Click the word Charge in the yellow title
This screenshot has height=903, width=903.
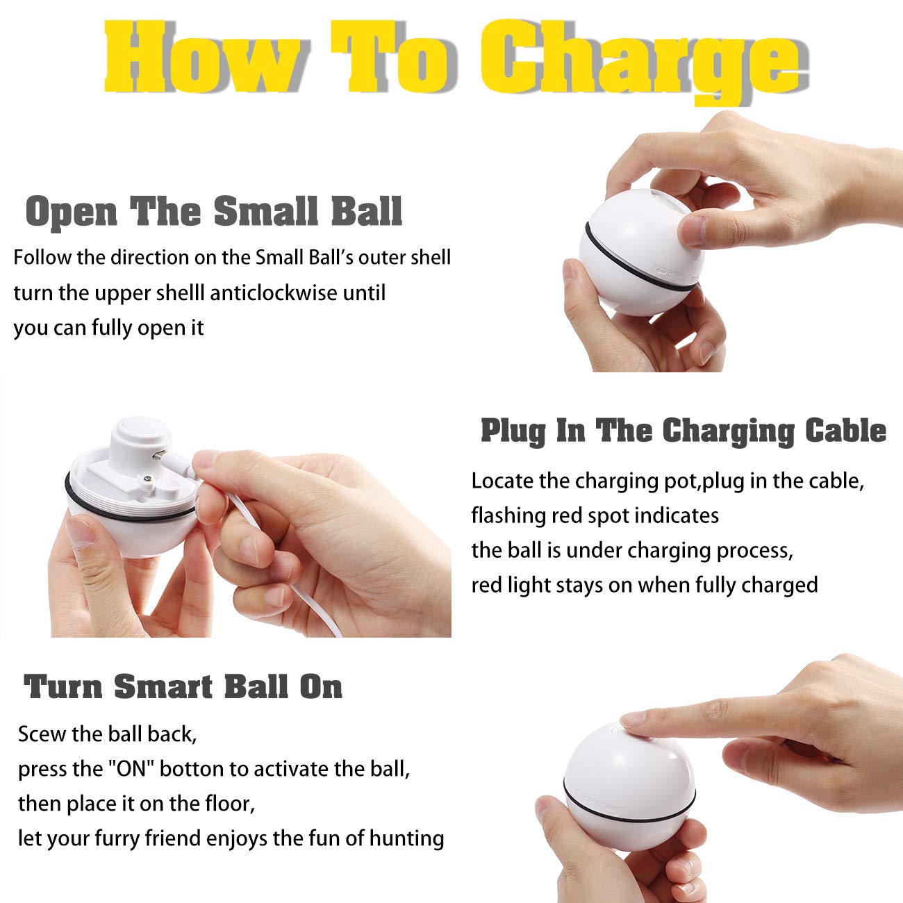click(x=639, y=59)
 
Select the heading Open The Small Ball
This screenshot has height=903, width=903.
click(x=214, y=211)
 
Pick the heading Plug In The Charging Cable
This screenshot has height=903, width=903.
click(x=684, y=431)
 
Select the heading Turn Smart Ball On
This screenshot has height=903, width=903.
click(x=183, y=686)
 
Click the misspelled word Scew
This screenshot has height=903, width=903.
click(x=41, y=734)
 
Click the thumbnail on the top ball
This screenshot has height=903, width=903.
click(x=692, y=229)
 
